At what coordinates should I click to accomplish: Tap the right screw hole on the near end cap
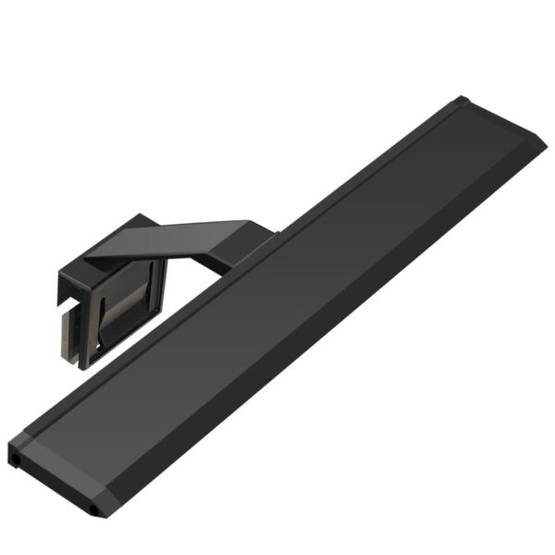[x=94, y=510]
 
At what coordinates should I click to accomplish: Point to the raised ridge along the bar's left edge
[x=231, y=277]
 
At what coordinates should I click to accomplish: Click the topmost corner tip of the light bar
[x=463, y=96]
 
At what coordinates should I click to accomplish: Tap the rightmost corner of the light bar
[x=546, y=145]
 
